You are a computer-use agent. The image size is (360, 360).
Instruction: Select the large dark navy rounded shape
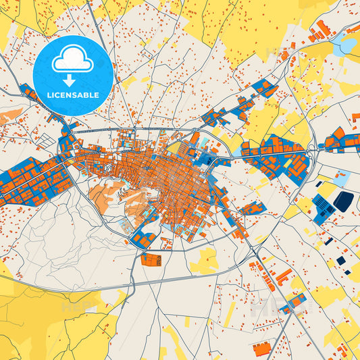(x=343, y=200)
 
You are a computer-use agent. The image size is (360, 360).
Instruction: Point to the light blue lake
(x=348, y=45)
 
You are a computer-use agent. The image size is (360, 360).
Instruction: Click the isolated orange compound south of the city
(x=152, y=259)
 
